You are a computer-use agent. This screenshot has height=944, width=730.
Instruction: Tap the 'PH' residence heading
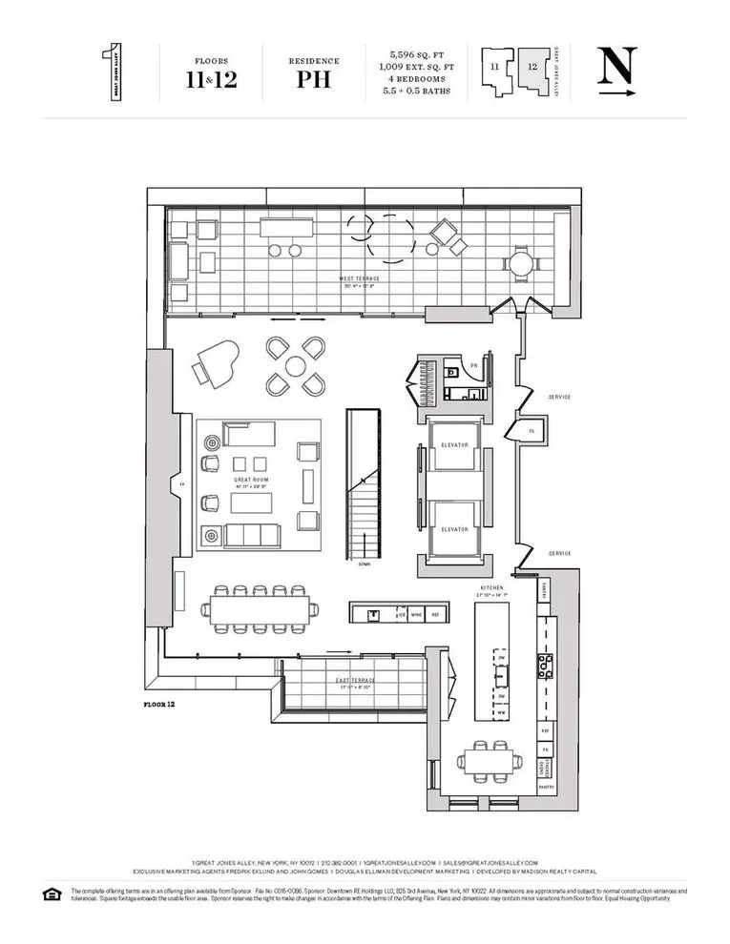click(x=314, y=78)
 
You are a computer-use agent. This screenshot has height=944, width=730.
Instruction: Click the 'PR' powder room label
click(x=472, y=366)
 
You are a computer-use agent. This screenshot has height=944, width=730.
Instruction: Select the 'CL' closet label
click(x=532, y=431)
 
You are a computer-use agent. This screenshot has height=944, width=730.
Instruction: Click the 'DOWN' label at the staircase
click(x=364, y=564)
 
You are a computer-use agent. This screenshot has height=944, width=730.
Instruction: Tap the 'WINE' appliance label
click(x=415, y=616)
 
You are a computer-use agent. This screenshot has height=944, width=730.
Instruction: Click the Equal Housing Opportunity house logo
click(x=51, y=893)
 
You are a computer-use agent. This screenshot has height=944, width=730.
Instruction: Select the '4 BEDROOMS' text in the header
click(x=418, y=82)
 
